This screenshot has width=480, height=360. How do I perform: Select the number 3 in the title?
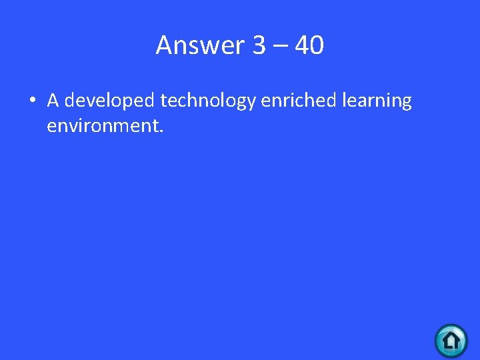[259, 45]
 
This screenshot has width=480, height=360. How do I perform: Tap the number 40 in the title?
[309, 45]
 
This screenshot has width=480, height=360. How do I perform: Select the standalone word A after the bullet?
[53, 101]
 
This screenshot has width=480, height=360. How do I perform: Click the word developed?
[110, 101]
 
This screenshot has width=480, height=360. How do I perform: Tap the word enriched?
[299, 101]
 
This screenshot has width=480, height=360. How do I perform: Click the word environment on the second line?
[102, 125]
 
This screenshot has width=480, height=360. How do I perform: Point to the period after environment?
[161, 130]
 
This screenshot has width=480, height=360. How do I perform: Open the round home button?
[451, 340]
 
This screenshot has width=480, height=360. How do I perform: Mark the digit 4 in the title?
[301, 45]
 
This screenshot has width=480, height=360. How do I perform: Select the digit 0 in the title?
[317, 45]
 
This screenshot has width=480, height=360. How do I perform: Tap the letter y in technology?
[251, 104]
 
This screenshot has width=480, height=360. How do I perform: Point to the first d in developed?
[71, 101]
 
